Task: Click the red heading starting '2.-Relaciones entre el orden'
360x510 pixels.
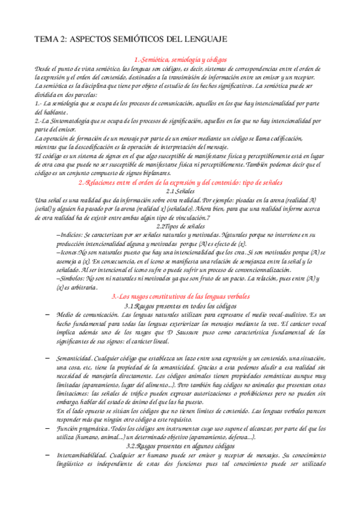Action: (x=180, y=182)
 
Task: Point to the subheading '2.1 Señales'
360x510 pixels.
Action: (x=180, y=191)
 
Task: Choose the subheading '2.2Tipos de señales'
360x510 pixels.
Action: (x=180, y=226)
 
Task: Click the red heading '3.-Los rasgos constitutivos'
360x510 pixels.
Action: (x=180, y=297)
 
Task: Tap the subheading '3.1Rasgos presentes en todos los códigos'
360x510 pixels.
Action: (x=180, y=306)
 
